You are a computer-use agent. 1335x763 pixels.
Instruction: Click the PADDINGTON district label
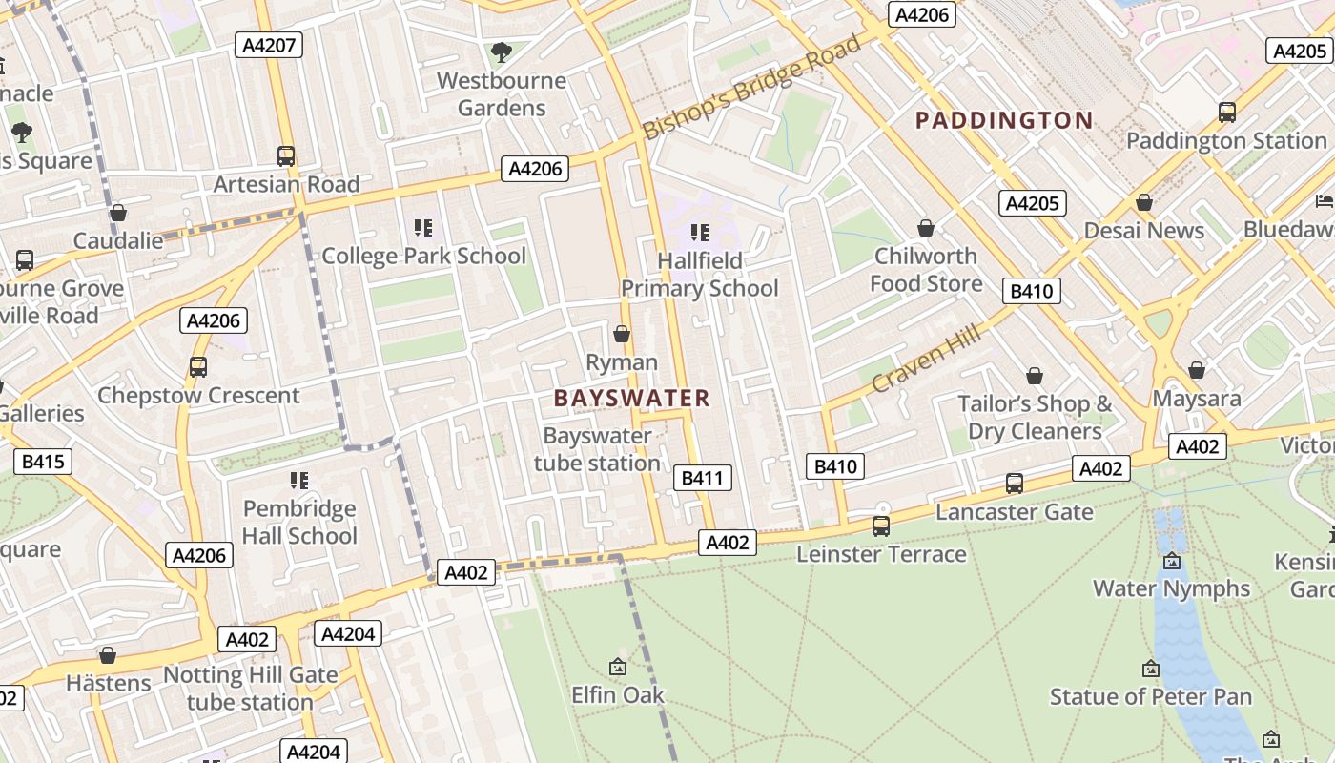point(1003,120)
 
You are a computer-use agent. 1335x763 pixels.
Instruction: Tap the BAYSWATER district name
point(632,399)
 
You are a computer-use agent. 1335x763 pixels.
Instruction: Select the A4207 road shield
point(269,45)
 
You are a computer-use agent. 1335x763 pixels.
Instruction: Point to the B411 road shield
point(703,478)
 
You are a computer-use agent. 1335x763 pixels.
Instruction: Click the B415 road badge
point(43,463)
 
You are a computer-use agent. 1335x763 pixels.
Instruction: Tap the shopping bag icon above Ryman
point(622,334)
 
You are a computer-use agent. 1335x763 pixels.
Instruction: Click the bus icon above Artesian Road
point(285,156)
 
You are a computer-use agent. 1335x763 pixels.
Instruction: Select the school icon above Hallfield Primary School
point(700,232)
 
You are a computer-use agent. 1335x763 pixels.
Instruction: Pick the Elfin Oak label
point(617,694)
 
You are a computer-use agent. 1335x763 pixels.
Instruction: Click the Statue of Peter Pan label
point(1150,696)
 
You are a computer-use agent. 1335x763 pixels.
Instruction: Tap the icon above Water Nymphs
point(1171,561)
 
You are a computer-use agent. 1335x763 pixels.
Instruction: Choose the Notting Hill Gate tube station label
point(250,688)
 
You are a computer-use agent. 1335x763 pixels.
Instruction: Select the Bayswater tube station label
point(597,449)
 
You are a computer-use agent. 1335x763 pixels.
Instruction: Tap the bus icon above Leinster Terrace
point(881,526)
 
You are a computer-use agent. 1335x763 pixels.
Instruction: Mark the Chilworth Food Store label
point(926,270)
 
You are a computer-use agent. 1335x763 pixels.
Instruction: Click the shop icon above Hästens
point(108,655)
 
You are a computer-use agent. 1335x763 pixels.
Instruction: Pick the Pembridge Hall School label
point(298,522)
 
